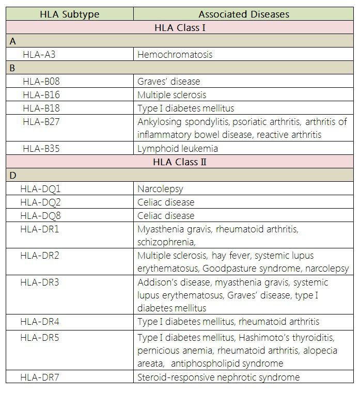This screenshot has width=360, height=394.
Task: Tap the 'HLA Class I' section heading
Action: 180,27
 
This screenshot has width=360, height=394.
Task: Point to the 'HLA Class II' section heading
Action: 180,162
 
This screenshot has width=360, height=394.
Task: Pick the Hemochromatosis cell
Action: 175,54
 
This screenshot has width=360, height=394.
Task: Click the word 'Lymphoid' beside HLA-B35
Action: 154,148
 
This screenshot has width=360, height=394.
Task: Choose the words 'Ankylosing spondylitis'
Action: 184,122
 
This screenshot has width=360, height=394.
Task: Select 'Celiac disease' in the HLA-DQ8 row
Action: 166,215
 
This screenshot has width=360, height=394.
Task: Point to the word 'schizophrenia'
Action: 166,242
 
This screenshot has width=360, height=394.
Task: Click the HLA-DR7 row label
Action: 40,377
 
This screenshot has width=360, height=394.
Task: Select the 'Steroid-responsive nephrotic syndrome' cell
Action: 218,377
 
